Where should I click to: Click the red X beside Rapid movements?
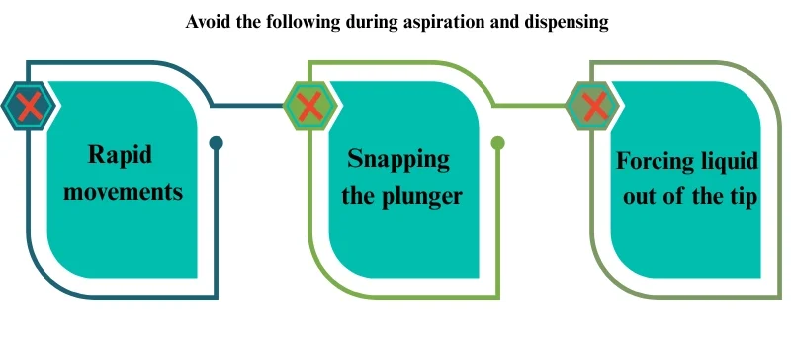(x=29, y=104)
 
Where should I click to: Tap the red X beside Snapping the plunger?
(x=310, y=104)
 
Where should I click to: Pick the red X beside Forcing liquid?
(x=593, y=104)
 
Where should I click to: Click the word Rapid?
(x=124, y=155)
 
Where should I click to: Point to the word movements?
(x=124, y=190)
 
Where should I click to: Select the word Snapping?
(x=399, y=159)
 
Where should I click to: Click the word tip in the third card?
(x=743, y=196)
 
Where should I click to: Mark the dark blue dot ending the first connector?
(x=217, y=143)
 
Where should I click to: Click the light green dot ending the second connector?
(x=498, y=143)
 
